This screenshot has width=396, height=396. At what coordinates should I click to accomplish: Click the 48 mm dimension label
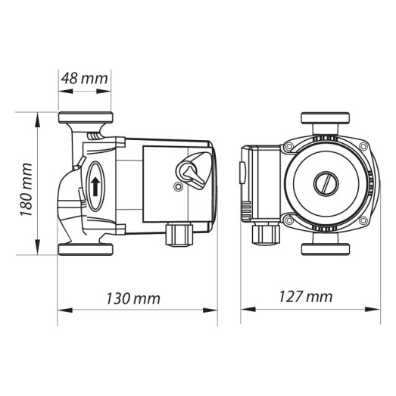pyautogui.click(x=85, y=78)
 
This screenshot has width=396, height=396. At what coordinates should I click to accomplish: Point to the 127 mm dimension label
pyautogui.click(x=310, y=297)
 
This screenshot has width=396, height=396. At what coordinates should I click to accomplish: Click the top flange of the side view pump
pyautogui.click(x=86, y=119)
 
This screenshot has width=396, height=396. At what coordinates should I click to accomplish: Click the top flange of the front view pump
pyautogui.click(x=325, y=119)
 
